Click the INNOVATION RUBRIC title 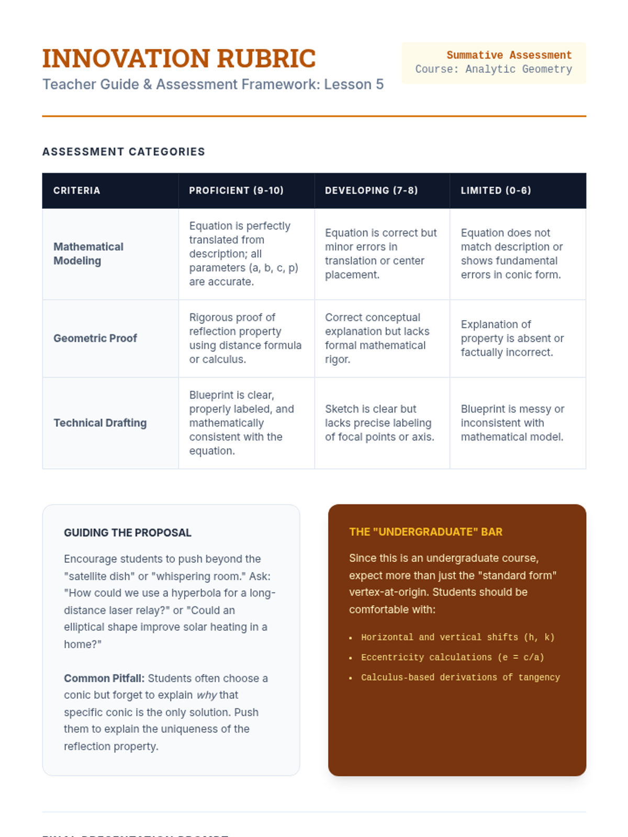pos(179,58)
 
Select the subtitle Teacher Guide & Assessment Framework pos(212,84)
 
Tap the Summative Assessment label pos(509,55)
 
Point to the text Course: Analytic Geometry pos(494,69)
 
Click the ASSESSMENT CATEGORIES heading pos(124,152)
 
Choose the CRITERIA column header pos(76,190)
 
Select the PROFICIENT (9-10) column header pos(236,190)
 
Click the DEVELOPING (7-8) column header pos(371,190)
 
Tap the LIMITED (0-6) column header pos(496,190)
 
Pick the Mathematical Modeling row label pos(88,254)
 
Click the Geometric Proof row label pos(95,338)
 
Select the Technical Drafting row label pos(100,423)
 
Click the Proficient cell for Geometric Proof pos(245,338)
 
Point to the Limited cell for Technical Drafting pos(512,423)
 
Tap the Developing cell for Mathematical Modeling pos(380,254)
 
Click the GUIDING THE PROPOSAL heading pos(128,533)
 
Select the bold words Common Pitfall pos(104,678)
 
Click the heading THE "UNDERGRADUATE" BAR pos(425,532)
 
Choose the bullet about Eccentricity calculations pos(452,658)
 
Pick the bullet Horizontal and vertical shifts pos(457,638)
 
